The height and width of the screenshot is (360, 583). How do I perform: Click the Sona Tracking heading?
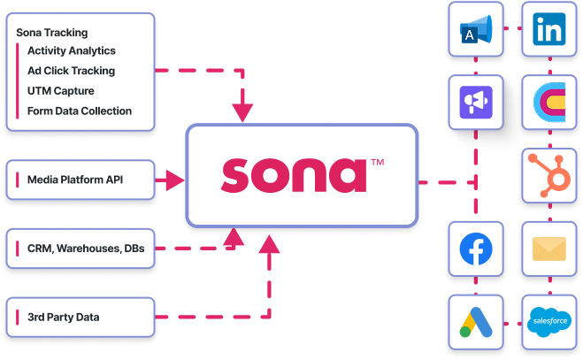point(51,33)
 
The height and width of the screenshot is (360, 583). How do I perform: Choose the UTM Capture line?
point(61,90)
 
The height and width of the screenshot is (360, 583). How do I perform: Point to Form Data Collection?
point(80,111)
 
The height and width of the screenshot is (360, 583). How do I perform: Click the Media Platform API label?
point(75,180)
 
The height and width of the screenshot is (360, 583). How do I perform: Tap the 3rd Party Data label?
point(64,317)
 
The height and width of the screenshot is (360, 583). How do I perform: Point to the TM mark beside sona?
point(377,163)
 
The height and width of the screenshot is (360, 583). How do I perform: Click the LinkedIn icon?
point(551,31)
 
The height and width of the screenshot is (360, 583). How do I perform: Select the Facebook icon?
point(476,249)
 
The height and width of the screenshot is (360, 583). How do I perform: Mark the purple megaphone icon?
point(476,103)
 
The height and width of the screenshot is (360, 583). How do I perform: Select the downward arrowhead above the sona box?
point(242,111)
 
